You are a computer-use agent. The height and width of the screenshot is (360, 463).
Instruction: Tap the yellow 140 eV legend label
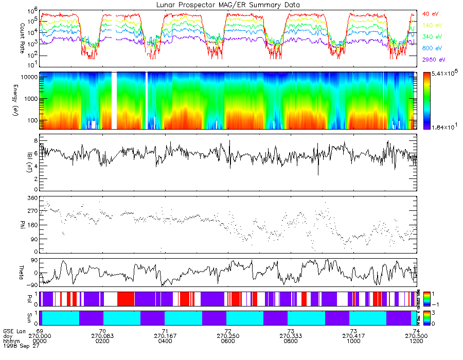click(432, 25)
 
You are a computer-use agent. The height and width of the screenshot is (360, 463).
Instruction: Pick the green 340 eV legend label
click(432, 37)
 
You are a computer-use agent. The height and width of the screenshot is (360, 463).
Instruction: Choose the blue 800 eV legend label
click(432, 48)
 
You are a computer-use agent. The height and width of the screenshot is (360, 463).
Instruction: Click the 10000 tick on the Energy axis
click(28, 77)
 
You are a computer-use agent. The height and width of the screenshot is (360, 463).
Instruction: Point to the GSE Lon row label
click(13, 331)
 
